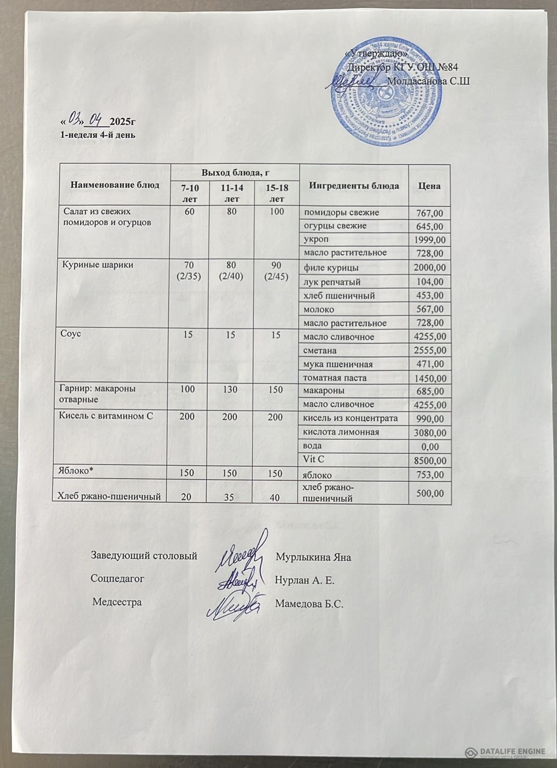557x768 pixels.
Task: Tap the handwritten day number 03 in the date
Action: (x=75, y=117)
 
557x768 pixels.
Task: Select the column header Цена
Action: (x=429, y=185)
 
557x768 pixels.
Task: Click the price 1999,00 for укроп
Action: (x=430, y=240)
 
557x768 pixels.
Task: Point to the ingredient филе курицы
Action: (x=331, y=268)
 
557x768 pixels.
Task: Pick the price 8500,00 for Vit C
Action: (x=430, y=461)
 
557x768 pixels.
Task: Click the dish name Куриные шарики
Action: (x=96, y=265)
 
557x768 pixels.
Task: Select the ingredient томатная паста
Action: (x=335, y=378)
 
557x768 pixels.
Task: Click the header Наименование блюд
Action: (x=115, y=185)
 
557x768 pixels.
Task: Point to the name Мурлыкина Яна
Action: (x=314, y=557)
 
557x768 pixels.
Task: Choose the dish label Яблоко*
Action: (x=78, y=471)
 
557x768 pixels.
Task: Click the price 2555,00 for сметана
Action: (x=430, y=351)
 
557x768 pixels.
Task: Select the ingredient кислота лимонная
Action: (x=340, y=432)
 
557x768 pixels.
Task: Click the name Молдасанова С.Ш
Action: (x=428, y=81)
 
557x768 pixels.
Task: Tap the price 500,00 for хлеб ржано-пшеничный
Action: (x=430, y=493)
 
